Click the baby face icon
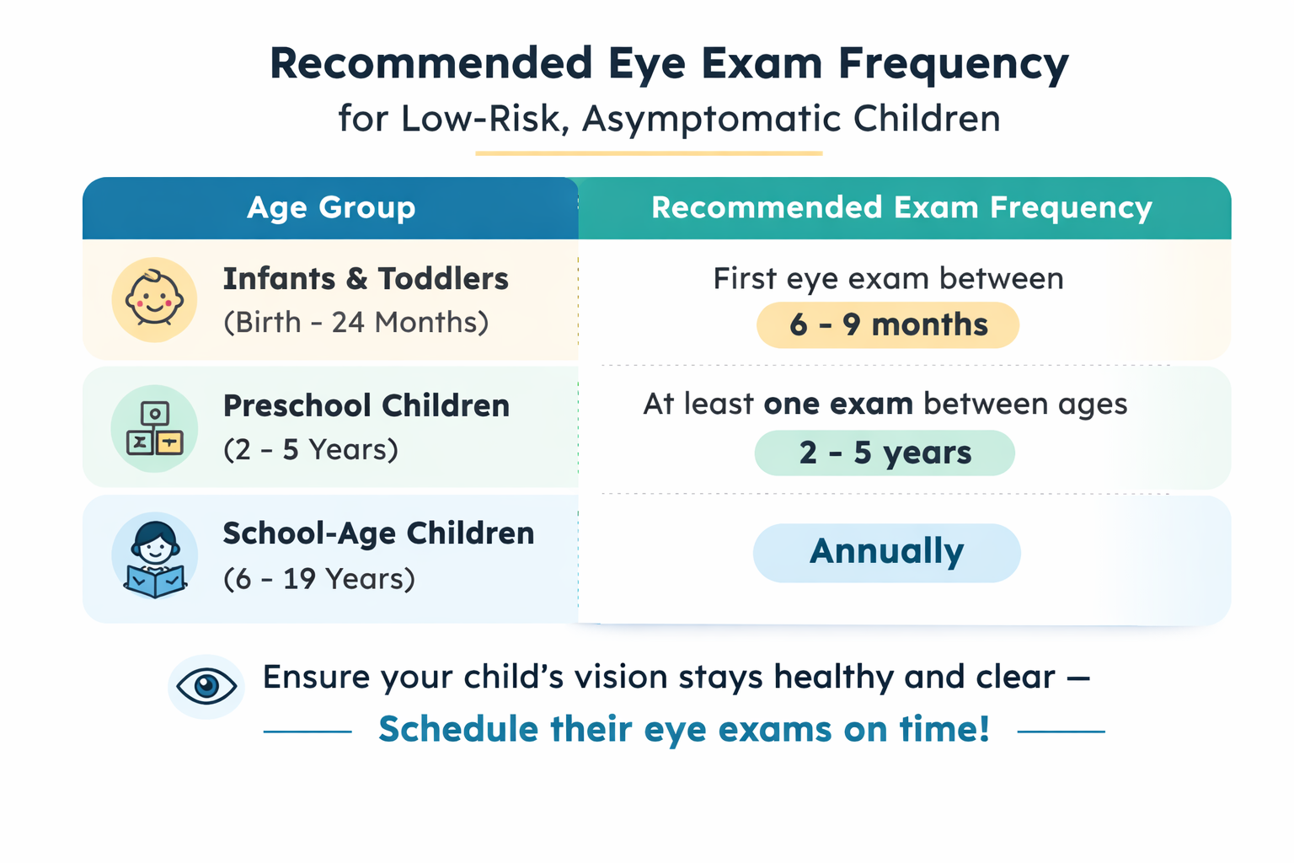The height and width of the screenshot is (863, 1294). point(154,299)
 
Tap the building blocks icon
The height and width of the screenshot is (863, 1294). point(154,428)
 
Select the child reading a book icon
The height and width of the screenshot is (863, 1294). point(155,555)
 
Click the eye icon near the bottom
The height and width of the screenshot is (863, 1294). point(206,686)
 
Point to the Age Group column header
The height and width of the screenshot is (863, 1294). point(331,207)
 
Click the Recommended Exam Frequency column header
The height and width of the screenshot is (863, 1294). point(901,207)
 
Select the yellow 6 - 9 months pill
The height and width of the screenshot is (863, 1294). point(888,324)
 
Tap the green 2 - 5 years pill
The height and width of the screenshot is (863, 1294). point(885,453)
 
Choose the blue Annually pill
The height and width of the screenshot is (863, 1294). point(887,553)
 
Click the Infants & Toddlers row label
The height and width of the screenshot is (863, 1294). point(366,279)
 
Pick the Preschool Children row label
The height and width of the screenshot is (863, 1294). point(366,405)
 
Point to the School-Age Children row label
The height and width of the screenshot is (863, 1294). point(379,533)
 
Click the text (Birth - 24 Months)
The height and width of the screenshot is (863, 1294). point(356,322)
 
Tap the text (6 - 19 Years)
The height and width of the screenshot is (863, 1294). point(319,579)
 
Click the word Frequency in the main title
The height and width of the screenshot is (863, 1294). point(954,65)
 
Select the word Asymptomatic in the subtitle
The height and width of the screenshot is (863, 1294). point(711,119)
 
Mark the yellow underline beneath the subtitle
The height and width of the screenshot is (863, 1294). point(649,153)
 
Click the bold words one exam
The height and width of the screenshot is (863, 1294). point(838,404)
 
